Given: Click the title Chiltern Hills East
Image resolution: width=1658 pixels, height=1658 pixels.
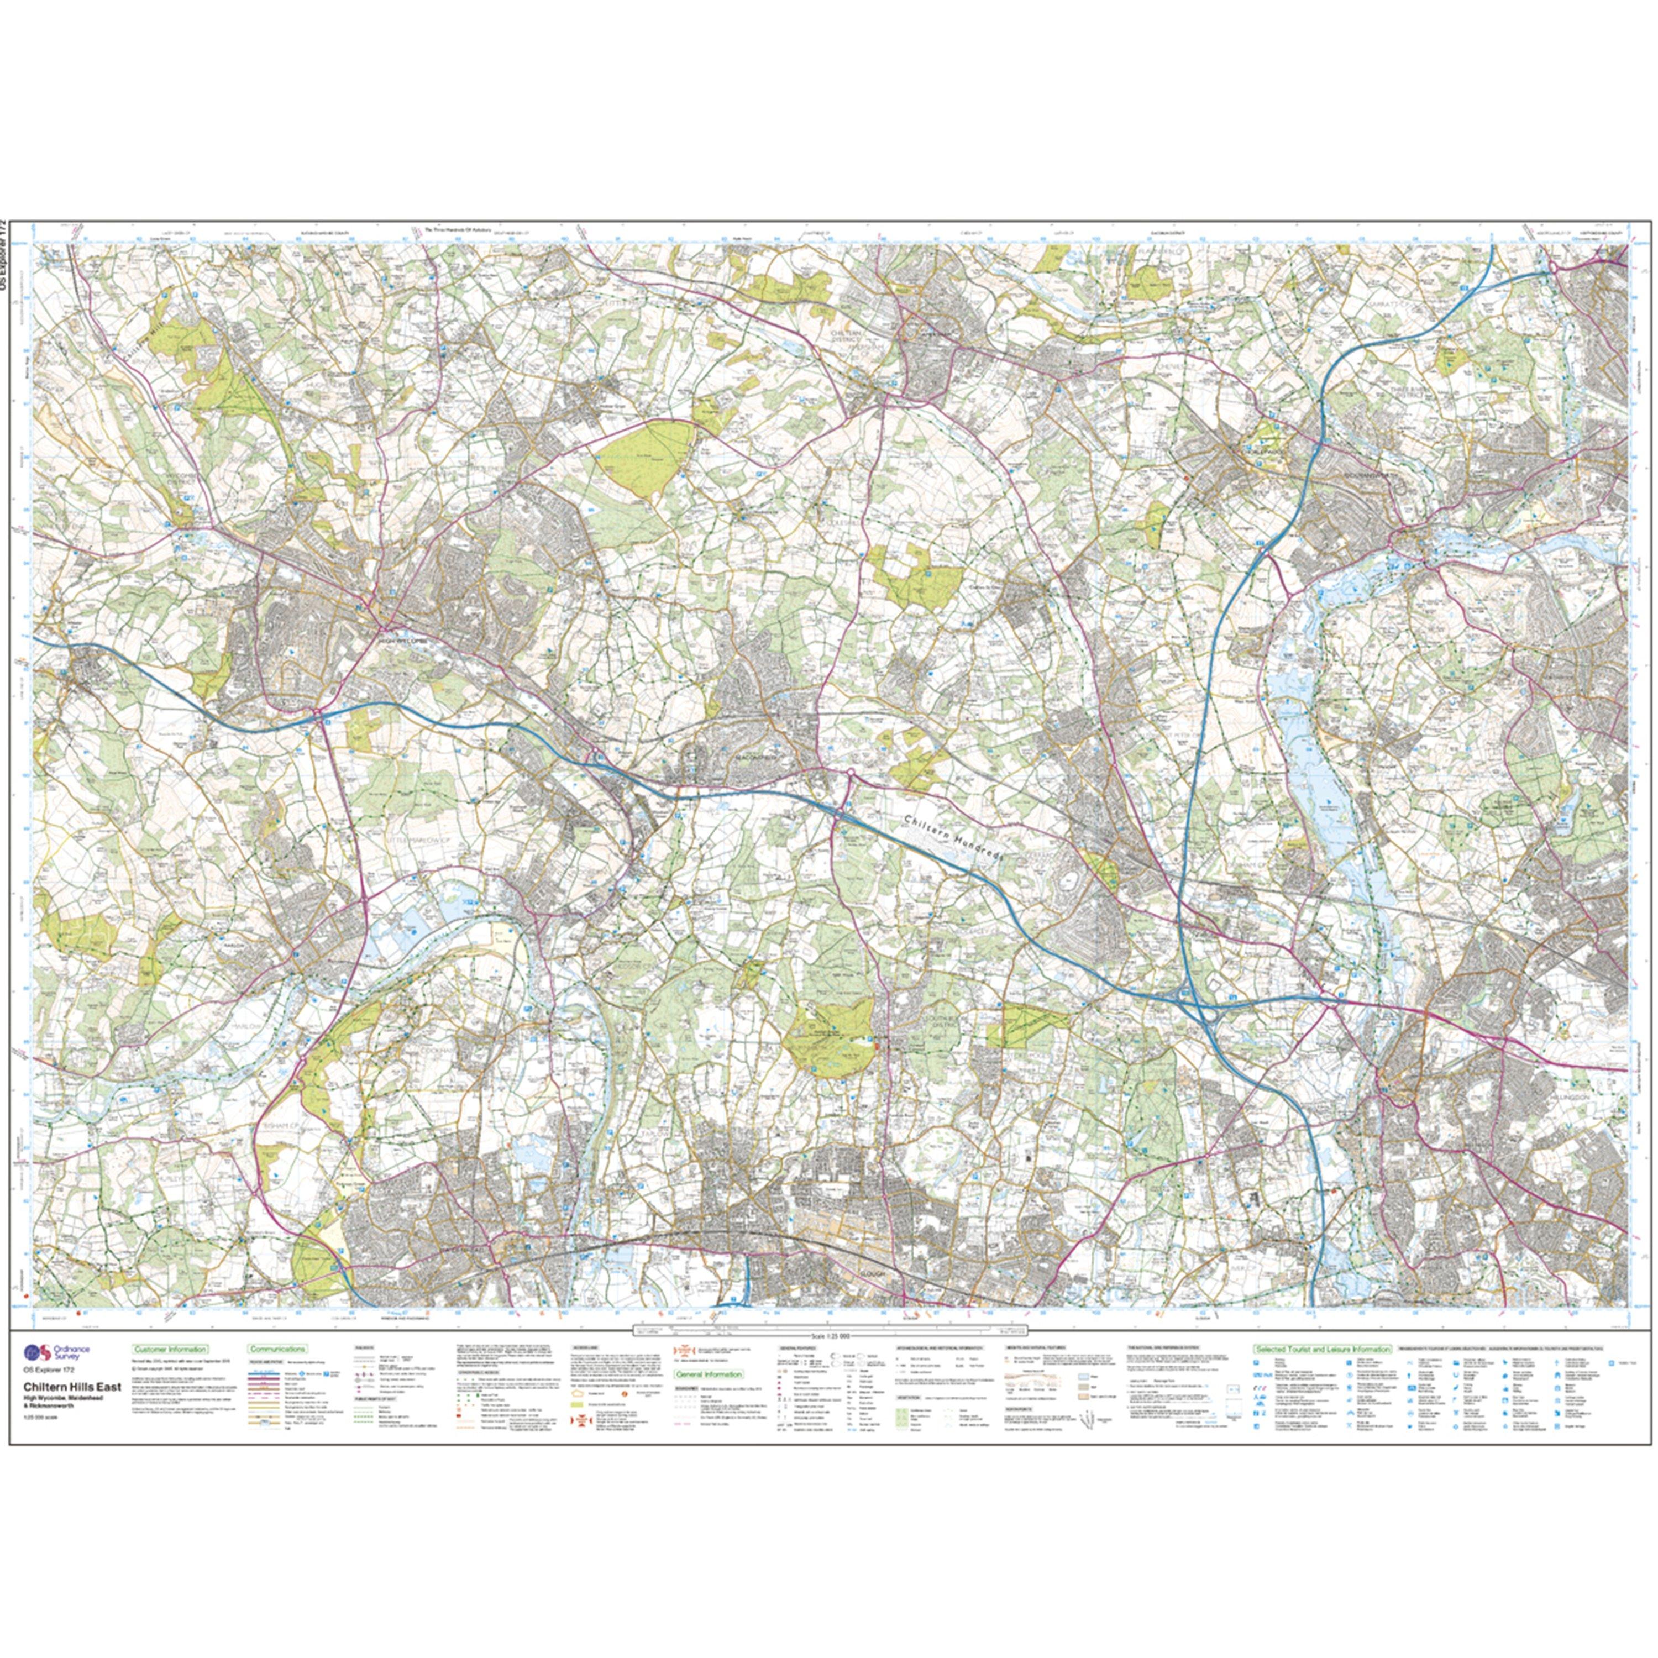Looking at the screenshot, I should pyautogui.click(x=71, y=1388).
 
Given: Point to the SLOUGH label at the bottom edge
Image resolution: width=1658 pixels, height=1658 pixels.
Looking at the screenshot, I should pyautogui.click(x=885, y=1297).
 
